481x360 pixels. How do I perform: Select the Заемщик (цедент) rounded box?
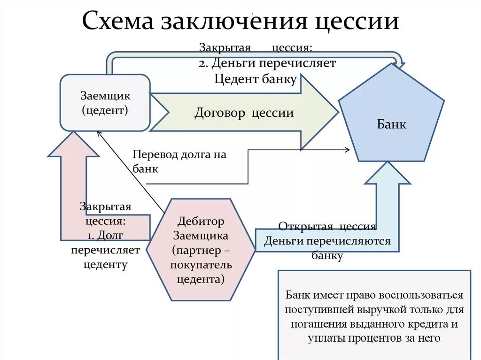(x=105, y=103)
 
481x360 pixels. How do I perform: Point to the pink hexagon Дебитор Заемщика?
(x=201, y=250)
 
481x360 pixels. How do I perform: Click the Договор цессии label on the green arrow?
(x=244, y=113)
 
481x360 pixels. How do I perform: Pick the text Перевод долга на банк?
(x=179, y=161)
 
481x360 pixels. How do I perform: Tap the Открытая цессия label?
(x=327, y=227)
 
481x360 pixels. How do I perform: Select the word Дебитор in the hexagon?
(x=201, y=221)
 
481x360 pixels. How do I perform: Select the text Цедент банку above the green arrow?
(x=255, y=79)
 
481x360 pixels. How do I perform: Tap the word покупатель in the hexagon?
(x=201, y=265)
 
